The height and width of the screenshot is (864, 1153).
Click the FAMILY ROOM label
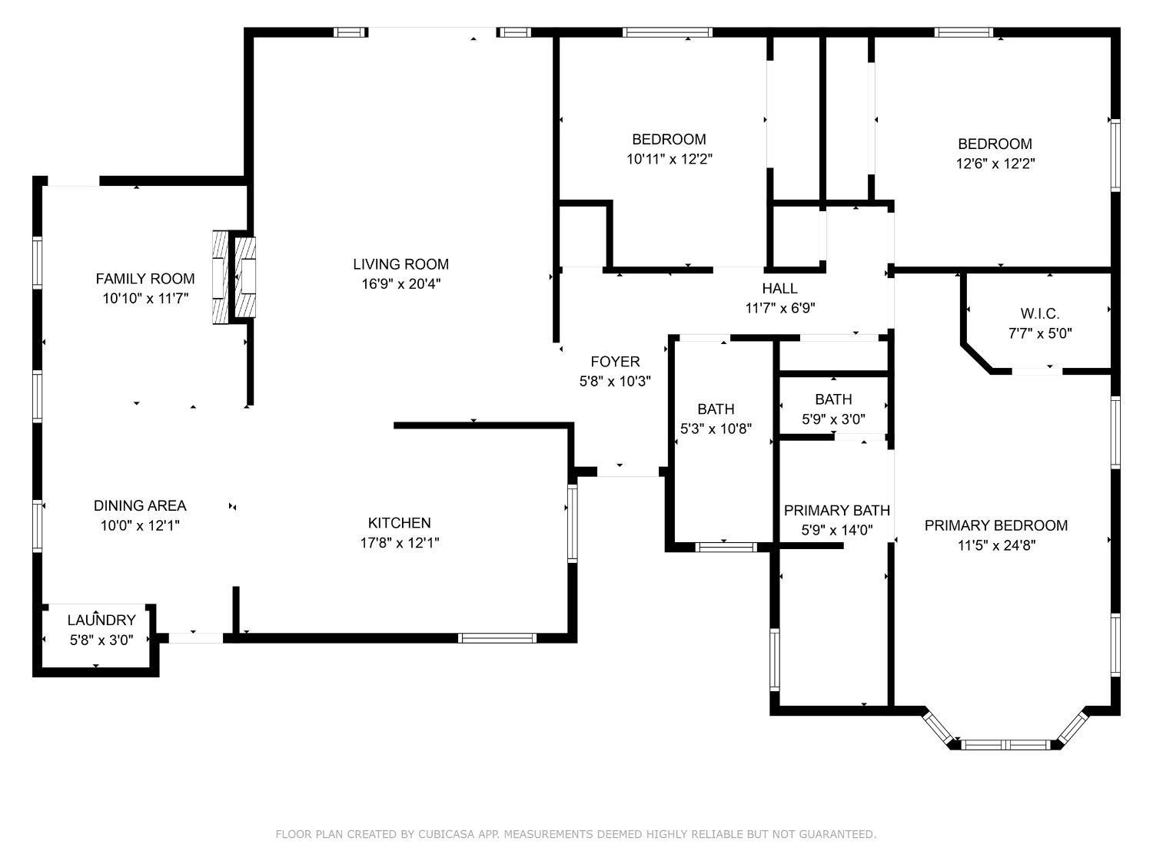point(145,279)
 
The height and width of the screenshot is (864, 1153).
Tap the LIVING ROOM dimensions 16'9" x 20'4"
point(400,284)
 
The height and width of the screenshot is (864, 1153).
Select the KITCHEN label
point(399,523)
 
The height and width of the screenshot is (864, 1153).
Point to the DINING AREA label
point(140,505)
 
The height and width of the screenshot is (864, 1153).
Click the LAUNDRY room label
point(101,620)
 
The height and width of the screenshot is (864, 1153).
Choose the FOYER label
point(615,362)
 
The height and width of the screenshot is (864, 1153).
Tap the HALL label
point(779,289)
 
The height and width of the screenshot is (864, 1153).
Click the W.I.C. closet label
point(1039,313)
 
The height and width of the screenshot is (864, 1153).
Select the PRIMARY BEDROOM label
point(995,525)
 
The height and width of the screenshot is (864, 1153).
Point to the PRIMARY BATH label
point(836,510)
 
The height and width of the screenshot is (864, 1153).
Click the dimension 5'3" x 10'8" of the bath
point(716,429)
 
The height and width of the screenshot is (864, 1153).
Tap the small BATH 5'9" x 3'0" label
point(833,399)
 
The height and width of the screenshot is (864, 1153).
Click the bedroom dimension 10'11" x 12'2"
point(669,159)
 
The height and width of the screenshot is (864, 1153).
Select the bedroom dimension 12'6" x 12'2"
point(995,164)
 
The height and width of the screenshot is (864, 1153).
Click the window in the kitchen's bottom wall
point(497,637)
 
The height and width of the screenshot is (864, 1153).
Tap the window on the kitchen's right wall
point(571,522)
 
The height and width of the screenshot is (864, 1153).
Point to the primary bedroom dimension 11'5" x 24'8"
point(995,546)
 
